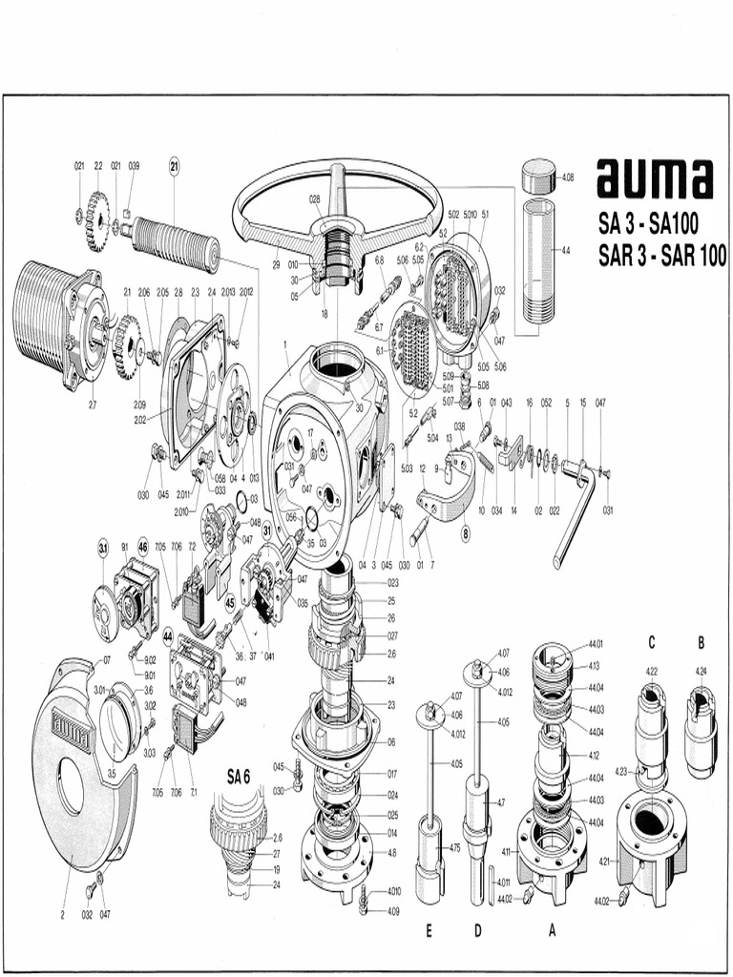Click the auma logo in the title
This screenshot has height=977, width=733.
coord(655,180)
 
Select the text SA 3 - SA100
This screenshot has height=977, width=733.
coord(649,226)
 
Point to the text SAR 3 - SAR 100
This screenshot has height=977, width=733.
coord(662,256)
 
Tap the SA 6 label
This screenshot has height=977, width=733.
coord(238,777)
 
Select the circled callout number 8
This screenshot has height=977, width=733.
coord(466,534)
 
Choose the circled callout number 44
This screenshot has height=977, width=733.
coord(168,634)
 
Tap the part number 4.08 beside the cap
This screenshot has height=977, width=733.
coord(568,177)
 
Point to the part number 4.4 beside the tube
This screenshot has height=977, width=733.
coord(566,250)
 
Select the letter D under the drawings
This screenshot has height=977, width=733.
coord(477,932)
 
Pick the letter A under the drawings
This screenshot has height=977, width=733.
coord(552,932)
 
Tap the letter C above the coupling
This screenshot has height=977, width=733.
coord(652,641)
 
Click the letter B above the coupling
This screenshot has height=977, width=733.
coord(701,641)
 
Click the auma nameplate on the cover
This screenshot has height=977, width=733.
coord(71,734)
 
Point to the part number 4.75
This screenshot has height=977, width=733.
coord(454,847)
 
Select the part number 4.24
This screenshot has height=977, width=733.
coord(701,671)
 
